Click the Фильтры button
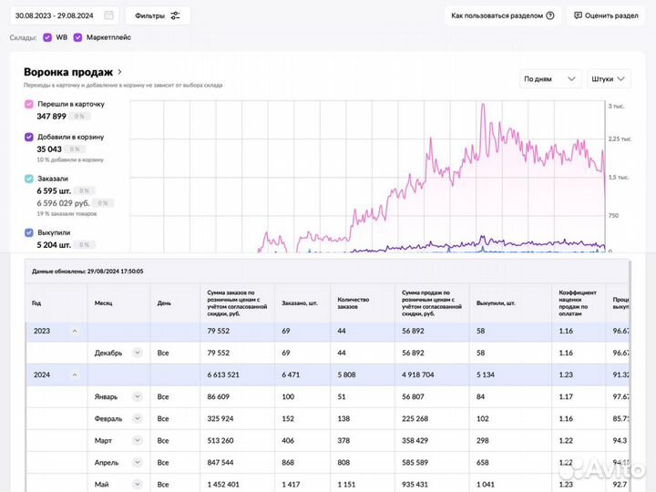coord(157,15)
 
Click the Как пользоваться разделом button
coord(503,15)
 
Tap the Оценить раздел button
coord(604,15)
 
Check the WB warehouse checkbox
coord(47,37)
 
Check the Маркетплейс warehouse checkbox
coord(78,37)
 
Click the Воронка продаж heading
coord(68,72)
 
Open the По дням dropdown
coord(550,79)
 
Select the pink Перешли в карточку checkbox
coord(29,104)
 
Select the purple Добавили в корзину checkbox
coord(29,137)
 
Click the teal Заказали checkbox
coord(29,179)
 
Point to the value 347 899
coord(51,117)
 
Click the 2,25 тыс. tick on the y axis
coord(620,138)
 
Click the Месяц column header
coord(104,302)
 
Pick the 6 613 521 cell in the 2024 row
coord(223,374)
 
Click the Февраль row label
coord(108,418)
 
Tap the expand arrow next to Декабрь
coord(137,353)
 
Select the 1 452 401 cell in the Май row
coord(223,484)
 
